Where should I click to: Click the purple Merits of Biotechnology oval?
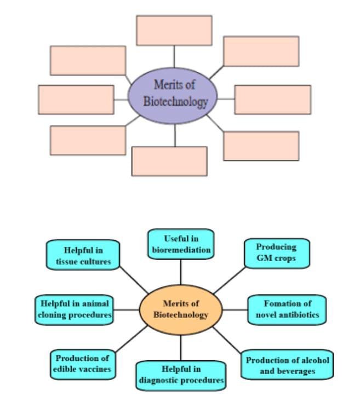(173, 94)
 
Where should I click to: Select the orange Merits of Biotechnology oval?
(181, 309)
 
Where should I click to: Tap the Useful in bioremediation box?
(181, 244)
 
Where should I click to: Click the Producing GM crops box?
(277, 253)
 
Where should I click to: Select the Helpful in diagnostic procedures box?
(181, 375)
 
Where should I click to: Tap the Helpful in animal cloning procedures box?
(75, 309)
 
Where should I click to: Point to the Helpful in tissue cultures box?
(83, 255)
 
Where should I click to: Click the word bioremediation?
(181, 250)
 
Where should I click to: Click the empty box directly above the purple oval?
(174, 30)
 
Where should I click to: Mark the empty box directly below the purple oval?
(169, 161)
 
